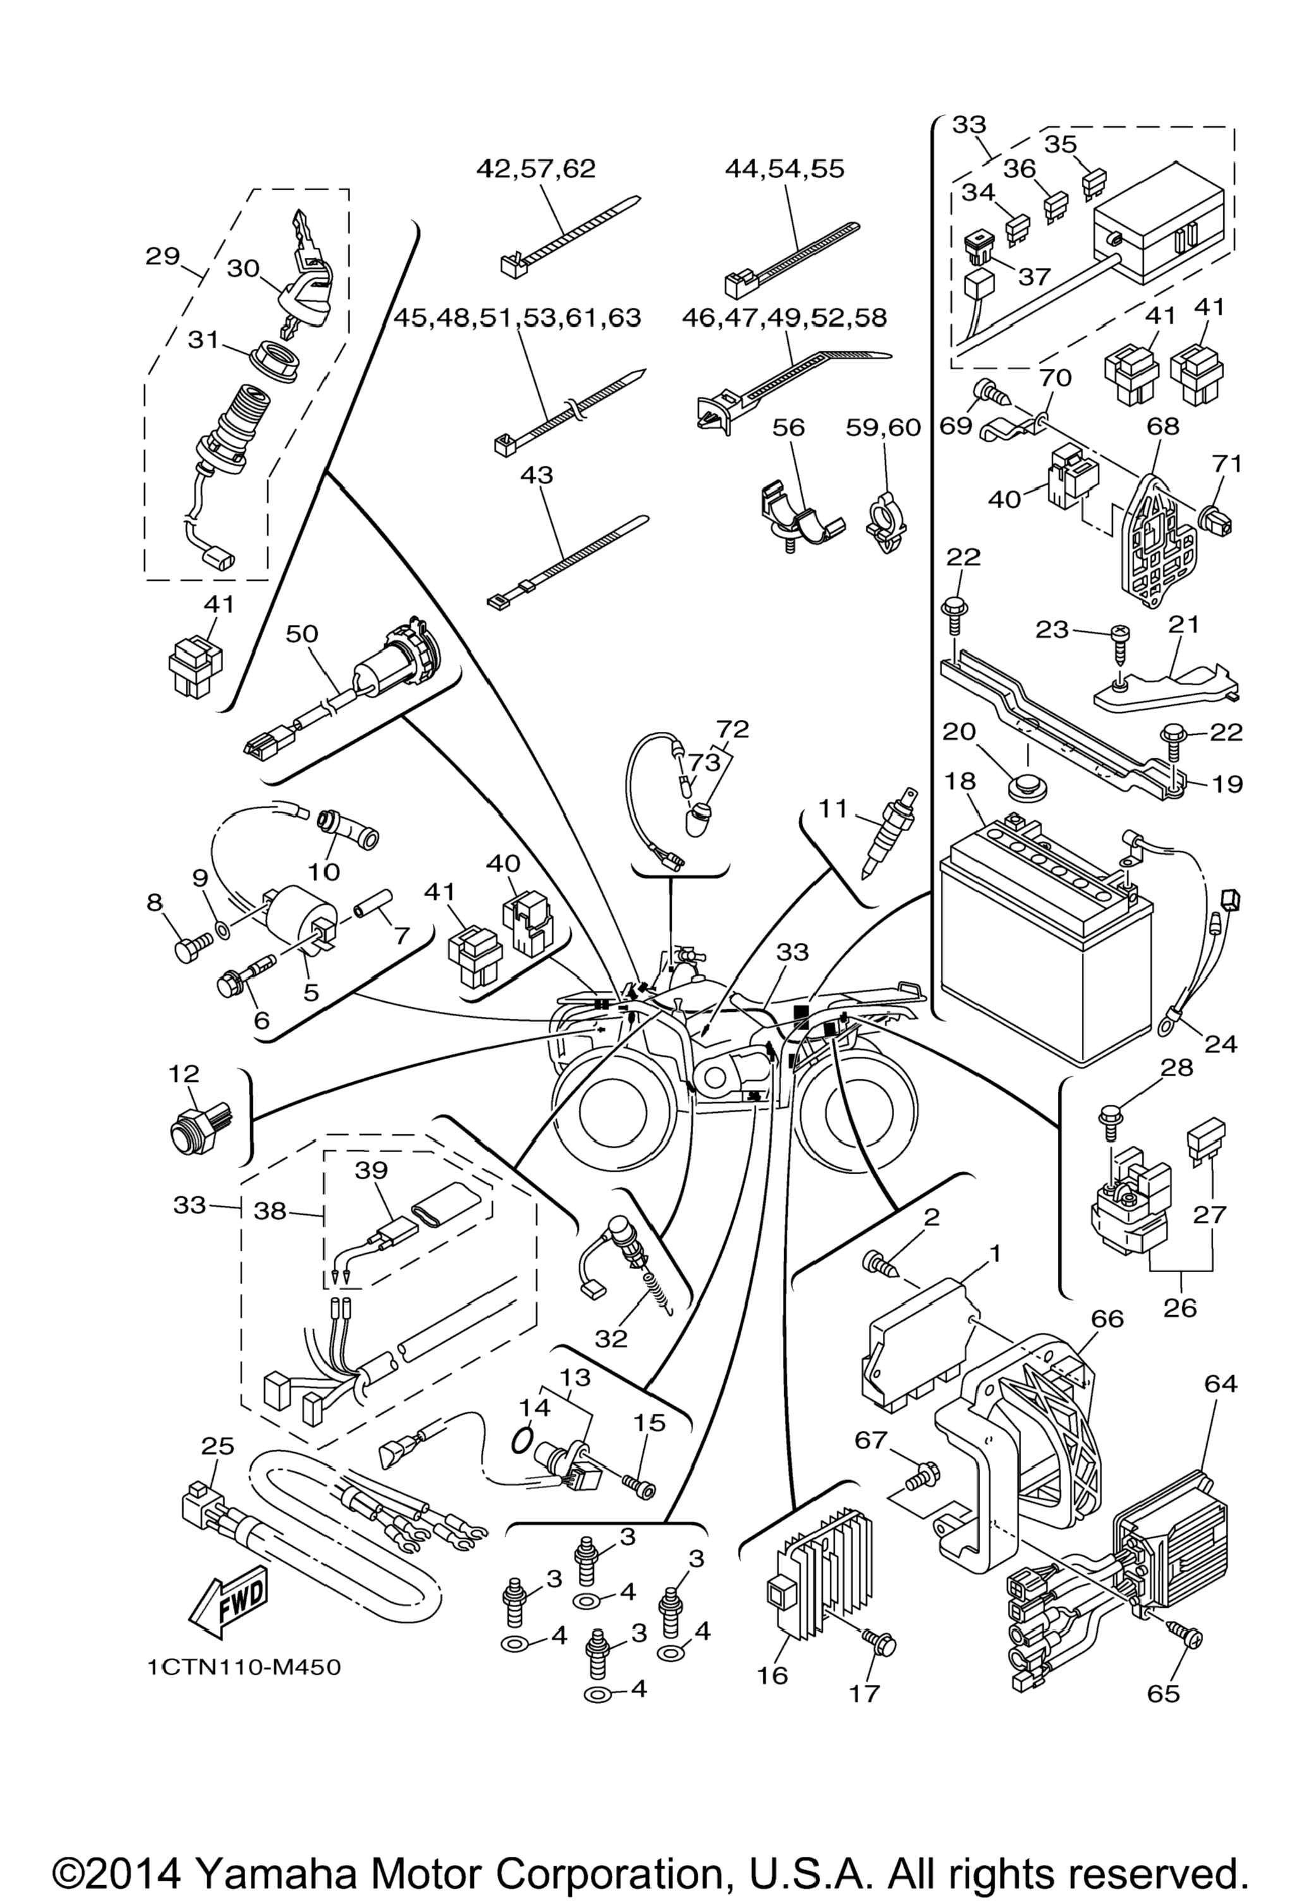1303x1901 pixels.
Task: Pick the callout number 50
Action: coord(303,634)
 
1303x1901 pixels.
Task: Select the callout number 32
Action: coord(611,1337)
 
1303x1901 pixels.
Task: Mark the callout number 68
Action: coord(1163,426)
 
